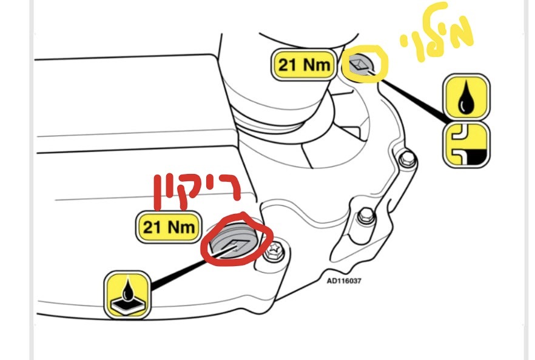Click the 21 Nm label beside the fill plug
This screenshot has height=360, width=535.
pos(304,65)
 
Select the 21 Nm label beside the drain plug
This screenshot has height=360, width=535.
pos(169,227)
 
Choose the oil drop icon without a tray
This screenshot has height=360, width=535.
pos(466,96)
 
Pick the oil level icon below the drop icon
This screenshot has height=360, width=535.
pos(466,144)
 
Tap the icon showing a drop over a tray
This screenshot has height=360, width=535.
pos(127,295)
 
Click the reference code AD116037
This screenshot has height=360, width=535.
pos(343,281)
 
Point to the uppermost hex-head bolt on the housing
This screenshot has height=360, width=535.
pos(406,158)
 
